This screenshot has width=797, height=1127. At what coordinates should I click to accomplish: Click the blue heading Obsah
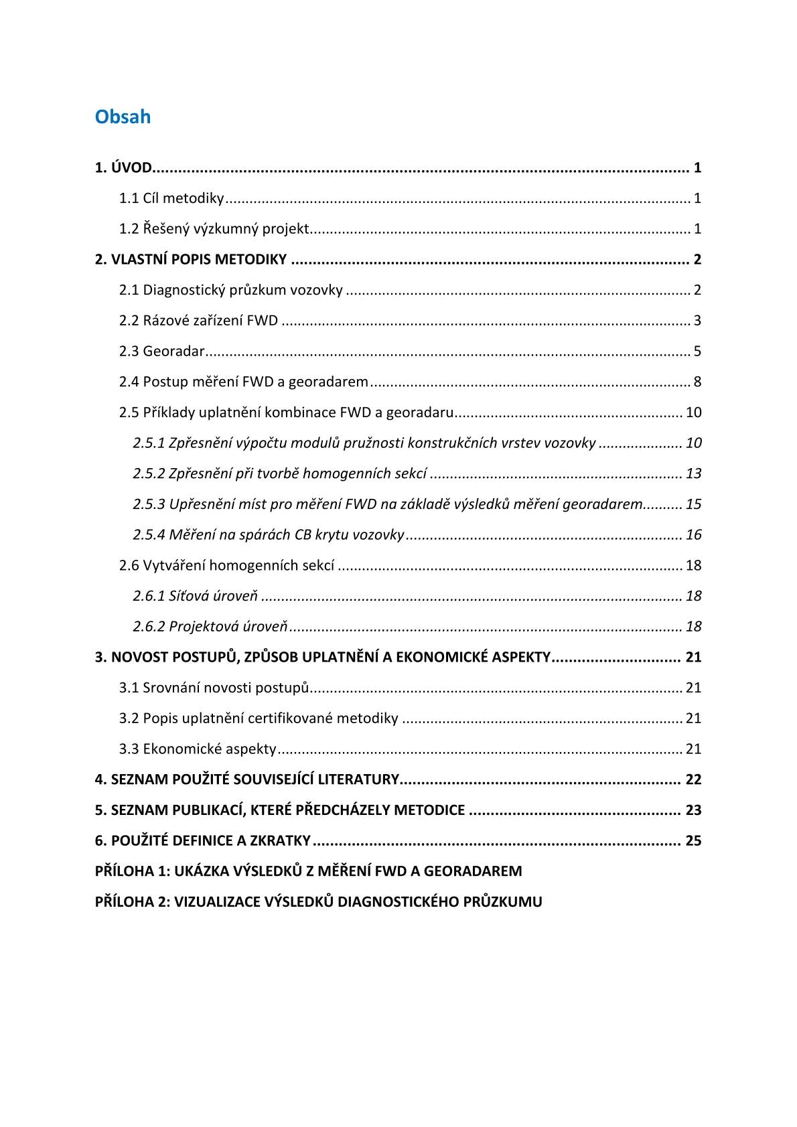pyautogui.click(x=123, y=117)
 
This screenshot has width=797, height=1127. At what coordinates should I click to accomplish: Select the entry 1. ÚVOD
pyautogui.click(x=123, y=167)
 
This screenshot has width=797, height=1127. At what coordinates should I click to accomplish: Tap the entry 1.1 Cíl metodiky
pyautogui.click(x=171, y=198)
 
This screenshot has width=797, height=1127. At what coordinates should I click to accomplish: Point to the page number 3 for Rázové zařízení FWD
pyautogui.click(x=697, y=321)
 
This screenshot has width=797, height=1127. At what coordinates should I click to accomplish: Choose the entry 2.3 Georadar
pyautogui.click(x=161, y=352)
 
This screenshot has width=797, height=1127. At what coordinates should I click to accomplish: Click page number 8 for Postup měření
pyautogui.click(x=697, y=382)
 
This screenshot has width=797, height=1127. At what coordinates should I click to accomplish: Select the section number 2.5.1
pyautogui.click(x=149, y=443)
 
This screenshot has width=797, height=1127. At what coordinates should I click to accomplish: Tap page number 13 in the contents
pyautogui.click(x=693, y=474)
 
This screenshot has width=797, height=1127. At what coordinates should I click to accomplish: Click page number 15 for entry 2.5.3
pyautogui.click(x=693, y=504)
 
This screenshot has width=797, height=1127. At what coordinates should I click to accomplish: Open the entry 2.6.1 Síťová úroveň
pyautogui.click(x=195, y=596)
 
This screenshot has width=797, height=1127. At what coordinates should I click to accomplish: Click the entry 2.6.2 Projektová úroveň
pyautogui.click(x=210, y=627)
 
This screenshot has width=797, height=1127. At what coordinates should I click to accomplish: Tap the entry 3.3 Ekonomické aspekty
pyautogui.click(x=198, y=749)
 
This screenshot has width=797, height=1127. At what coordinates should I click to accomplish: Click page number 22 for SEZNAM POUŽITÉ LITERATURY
pyautogui.click(x=693, y=780)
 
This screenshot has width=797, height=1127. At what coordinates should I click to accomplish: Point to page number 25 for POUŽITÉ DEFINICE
pyautogui.click(x=693, y=841)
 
